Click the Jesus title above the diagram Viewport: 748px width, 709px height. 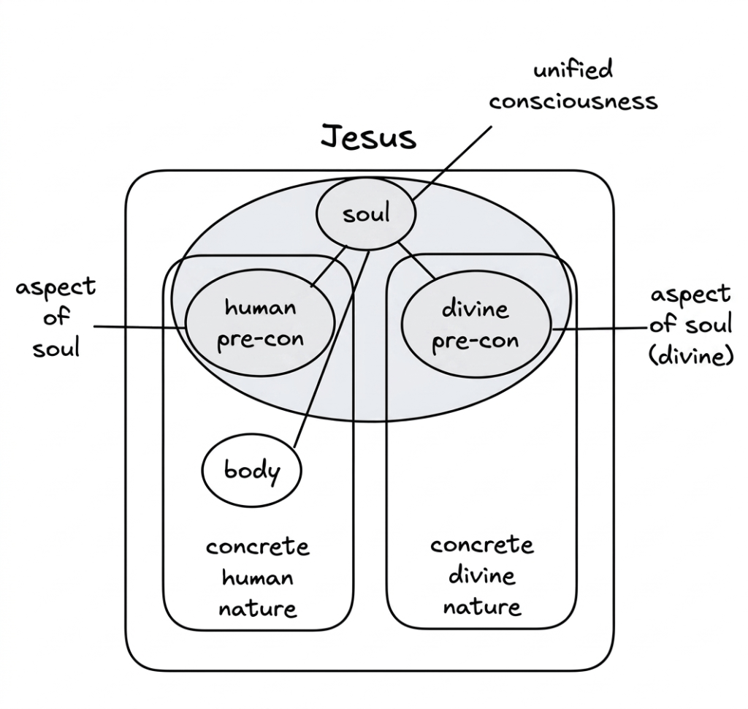click(368, 137)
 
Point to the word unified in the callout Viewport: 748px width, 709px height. click(573, 69)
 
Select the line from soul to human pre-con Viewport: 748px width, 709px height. click(329, 266)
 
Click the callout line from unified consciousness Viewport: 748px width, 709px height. click(451, 163)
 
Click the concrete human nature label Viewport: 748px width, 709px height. click(258, 577)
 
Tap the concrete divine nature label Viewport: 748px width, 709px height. click(482, 576)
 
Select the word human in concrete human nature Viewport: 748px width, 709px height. click(258, 578)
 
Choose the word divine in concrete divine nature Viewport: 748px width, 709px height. click(482, 576)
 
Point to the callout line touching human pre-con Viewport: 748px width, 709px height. click(140, 327)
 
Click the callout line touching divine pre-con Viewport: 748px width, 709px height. click(600, 329)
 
